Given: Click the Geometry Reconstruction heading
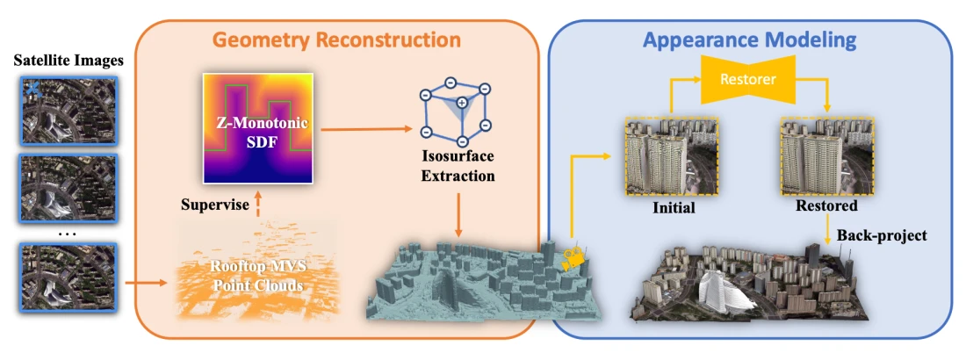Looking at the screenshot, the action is coord(337,40).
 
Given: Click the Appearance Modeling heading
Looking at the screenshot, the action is coord(749,40).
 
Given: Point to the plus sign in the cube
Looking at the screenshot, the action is coord(461,104).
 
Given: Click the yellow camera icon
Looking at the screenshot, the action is coord(573,257).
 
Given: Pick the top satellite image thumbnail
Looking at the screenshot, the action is coord(67,109).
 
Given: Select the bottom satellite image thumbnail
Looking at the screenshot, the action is coord(67,277).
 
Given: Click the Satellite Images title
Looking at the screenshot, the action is coord(68,61).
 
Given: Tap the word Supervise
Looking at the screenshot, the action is coord(211,204).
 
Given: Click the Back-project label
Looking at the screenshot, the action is coord(882,235).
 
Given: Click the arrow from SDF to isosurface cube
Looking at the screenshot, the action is coord(366,129).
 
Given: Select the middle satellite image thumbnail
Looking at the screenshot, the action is coord(67,187).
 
